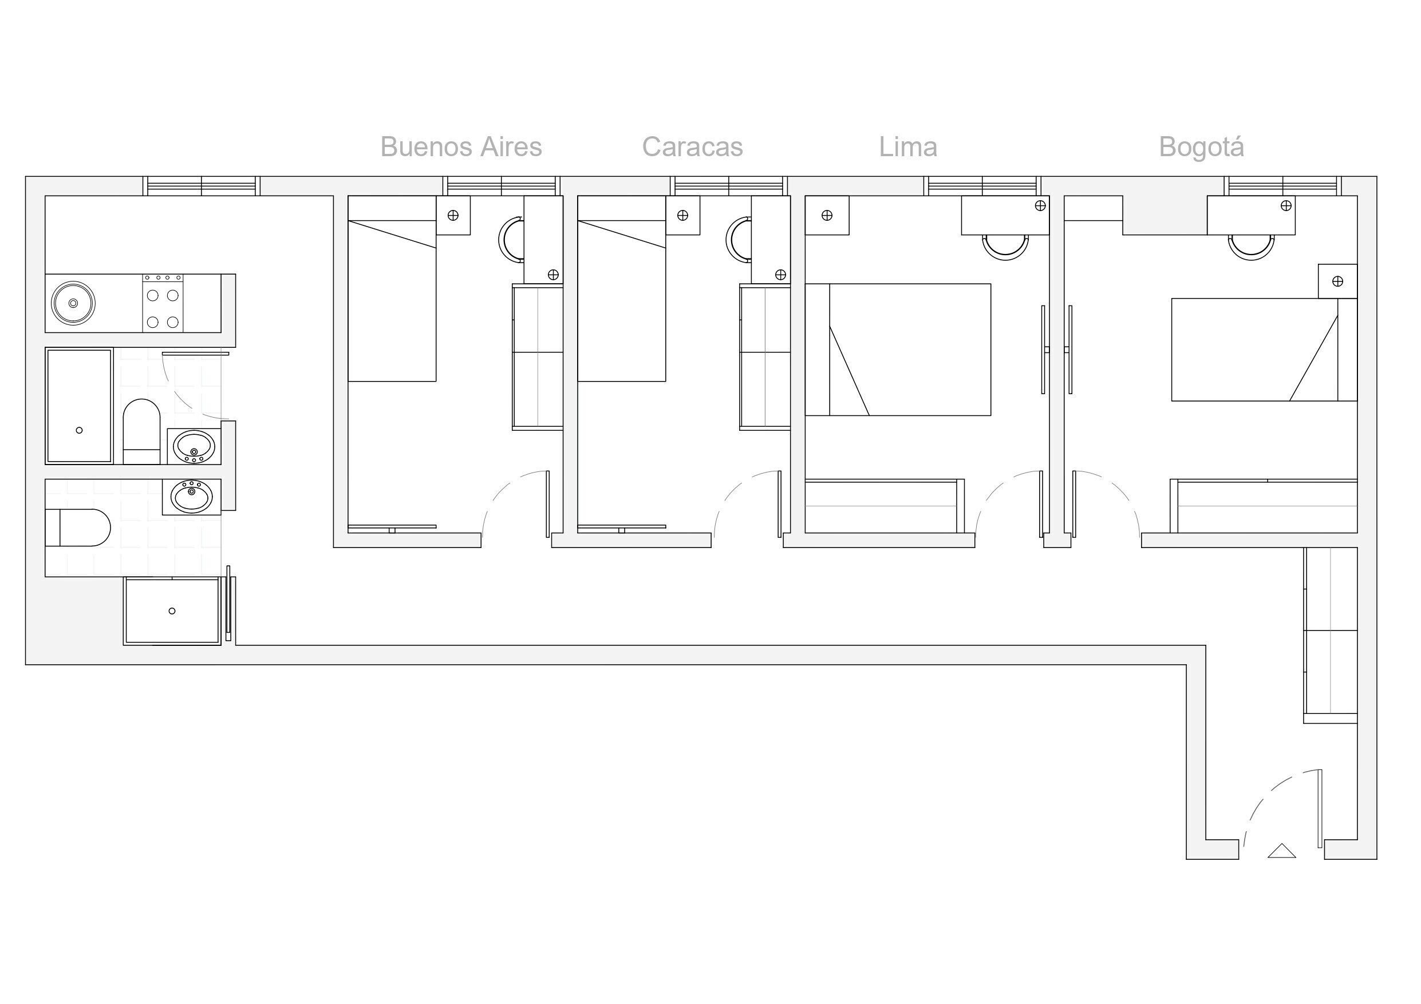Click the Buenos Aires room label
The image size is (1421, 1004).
coord(461,147)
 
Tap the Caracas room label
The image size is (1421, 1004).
coord(692,147)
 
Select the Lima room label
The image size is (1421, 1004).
coord(908,147)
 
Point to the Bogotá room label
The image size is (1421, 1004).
coord(1201,147)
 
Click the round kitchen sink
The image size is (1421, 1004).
coord(73,303)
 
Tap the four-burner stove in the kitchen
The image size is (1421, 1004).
coord(163,303)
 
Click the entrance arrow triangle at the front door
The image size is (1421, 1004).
coord(1282,851)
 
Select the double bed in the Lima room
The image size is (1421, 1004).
coord(897,350)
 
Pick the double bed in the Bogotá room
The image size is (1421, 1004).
coord(1262,350)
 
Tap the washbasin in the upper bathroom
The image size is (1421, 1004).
coord(194,446)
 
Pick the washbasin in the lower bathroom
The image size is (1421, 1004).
coord(191,496)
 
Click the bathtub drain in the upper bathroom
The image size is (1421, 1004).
coord(79,430)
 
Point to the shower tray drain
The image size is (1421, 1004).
coord(172,610)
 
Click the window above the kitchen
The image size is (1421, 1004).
coord(202,185)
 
